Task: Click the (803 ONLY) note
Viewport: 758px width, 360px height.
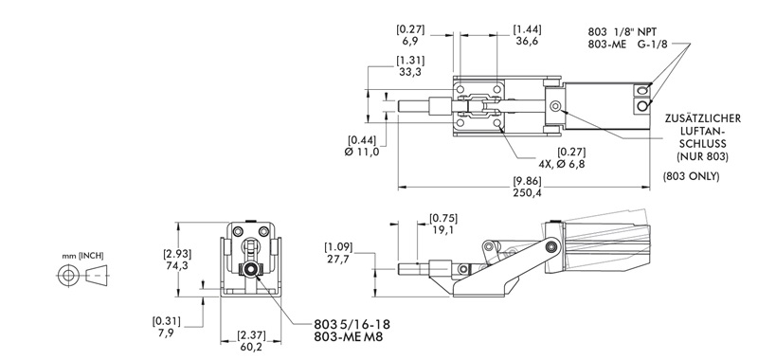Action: pos(691,176)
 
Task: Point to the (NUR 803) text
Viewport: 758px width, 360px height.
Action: pos(700,153)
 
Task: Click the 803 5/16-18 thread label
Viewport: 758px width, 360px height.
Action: pos(352,324)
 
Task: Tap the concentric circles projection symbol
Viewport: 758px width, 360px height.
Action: pos(68,276)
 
